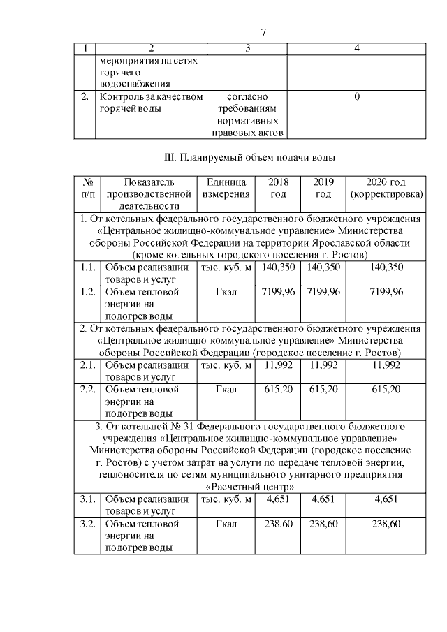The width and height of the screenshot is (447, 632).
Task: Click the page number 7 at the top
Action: pyautogui.click(x=263, y=32)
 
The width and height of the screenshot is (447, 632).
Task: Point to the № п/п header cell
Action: pyautogui.click(x=88, y=188)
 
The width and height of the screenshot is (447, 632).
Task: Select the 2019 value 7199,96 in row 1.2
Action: pyautogui.click(x=323, y=291)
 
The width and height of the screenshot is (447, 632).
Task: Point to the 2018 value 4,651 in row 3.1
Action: pyautogui.click(x=278, y=499)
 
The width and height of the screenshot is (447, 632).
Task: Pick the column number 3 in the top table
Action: pyautogui.click(x=248, y=48)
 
